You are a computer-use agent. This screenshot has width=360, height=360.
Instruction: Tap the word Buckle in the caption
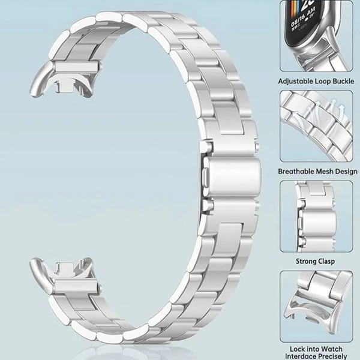[343, 81]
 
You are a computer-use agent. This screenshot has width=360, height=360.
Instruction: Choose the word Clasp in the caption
[326, 262]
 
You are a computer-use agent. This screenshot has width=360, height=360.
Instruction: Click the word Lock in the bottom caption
[296, 349]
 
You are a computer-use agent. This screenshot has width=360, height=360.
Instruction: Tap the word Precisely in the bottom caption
[331, 356]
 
